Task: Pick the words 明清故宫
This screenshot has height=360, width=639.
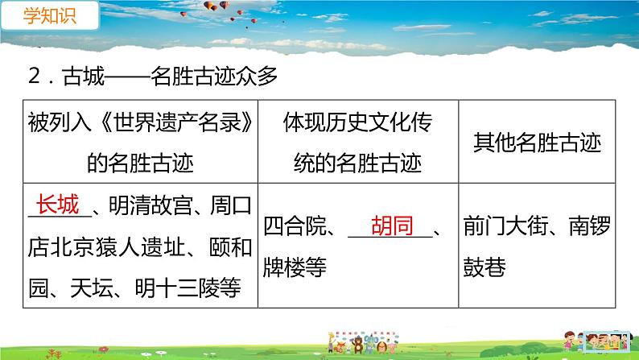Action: click(x=150, y=207)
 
